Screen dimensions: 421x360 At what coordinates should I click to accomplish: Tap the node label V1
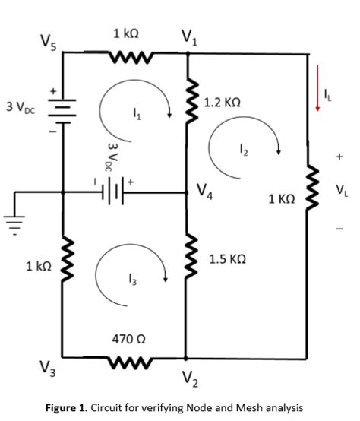click(188, 36)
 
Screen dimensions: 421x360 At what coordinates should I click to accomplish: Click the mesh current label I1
click(137, 116)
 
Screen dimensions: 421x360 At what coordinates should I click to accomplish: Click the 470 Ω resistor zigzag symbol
click(127, 356)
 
